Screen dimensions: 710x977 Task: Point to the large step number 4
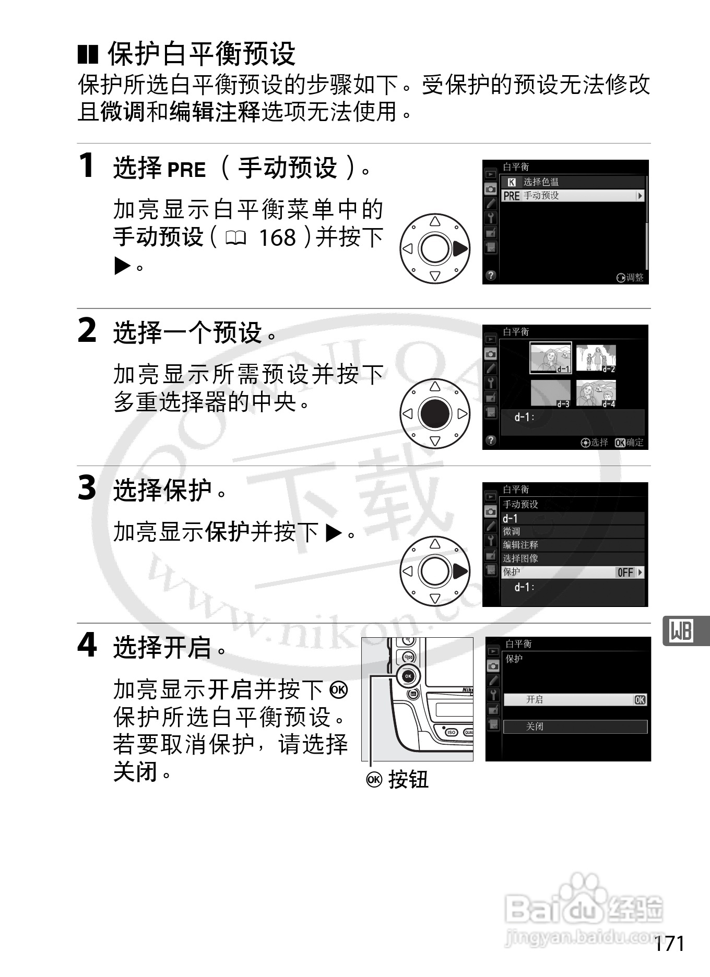pyautogui.click(x=87, y=645)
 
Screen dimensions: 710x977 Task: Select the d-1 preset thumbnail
pyautogui.click(x=550, y=358)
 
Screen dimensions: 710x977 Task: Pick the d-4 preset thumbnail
pyautogui.click(x=596, y=394)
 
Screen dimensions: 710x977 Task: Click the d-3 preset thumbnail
pyautogui.click(x=550, y=394)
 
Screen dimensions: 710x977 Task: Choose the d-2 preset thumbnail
pyautogui.click(x=596, y=358)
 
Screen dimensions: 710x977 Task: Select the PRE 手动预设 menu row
pyautogui.click(x=573, y=196)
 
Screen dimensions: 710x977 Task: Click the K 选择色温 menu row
pyautogui.click(x=573, y=182)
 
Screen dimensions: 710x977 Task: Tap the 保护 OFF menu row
pyautogui.click(x=573, y=572)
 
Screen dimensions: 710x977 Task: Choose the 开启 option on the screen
pyautogui.click(x=574, y=699)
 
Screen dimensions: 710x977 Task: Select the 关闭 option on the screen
pyautogui.click(x=574, y=726)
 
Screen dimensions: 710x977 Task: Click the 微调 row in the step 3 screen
pyautogui.click(x=573, y=531)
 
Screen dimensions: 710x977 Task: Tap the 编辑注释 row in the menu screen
pyautogui.click(x=573, y=545)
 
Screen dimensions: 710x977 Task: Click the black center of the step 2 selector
pyautogui.click(x=435, y=413)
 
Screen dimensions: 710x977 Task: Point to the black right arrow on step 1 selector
pyautogui.click(x=460, y=249)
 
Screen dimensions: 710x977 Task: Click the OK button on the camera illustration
pyautogui.click(x=408, y=676)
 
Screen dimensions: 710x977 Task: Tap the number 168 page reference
pyautogui.click(x=277, y=238)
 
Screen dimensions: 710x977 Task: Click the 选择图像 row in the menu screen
pyautogui.click(x=573, y=558)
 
